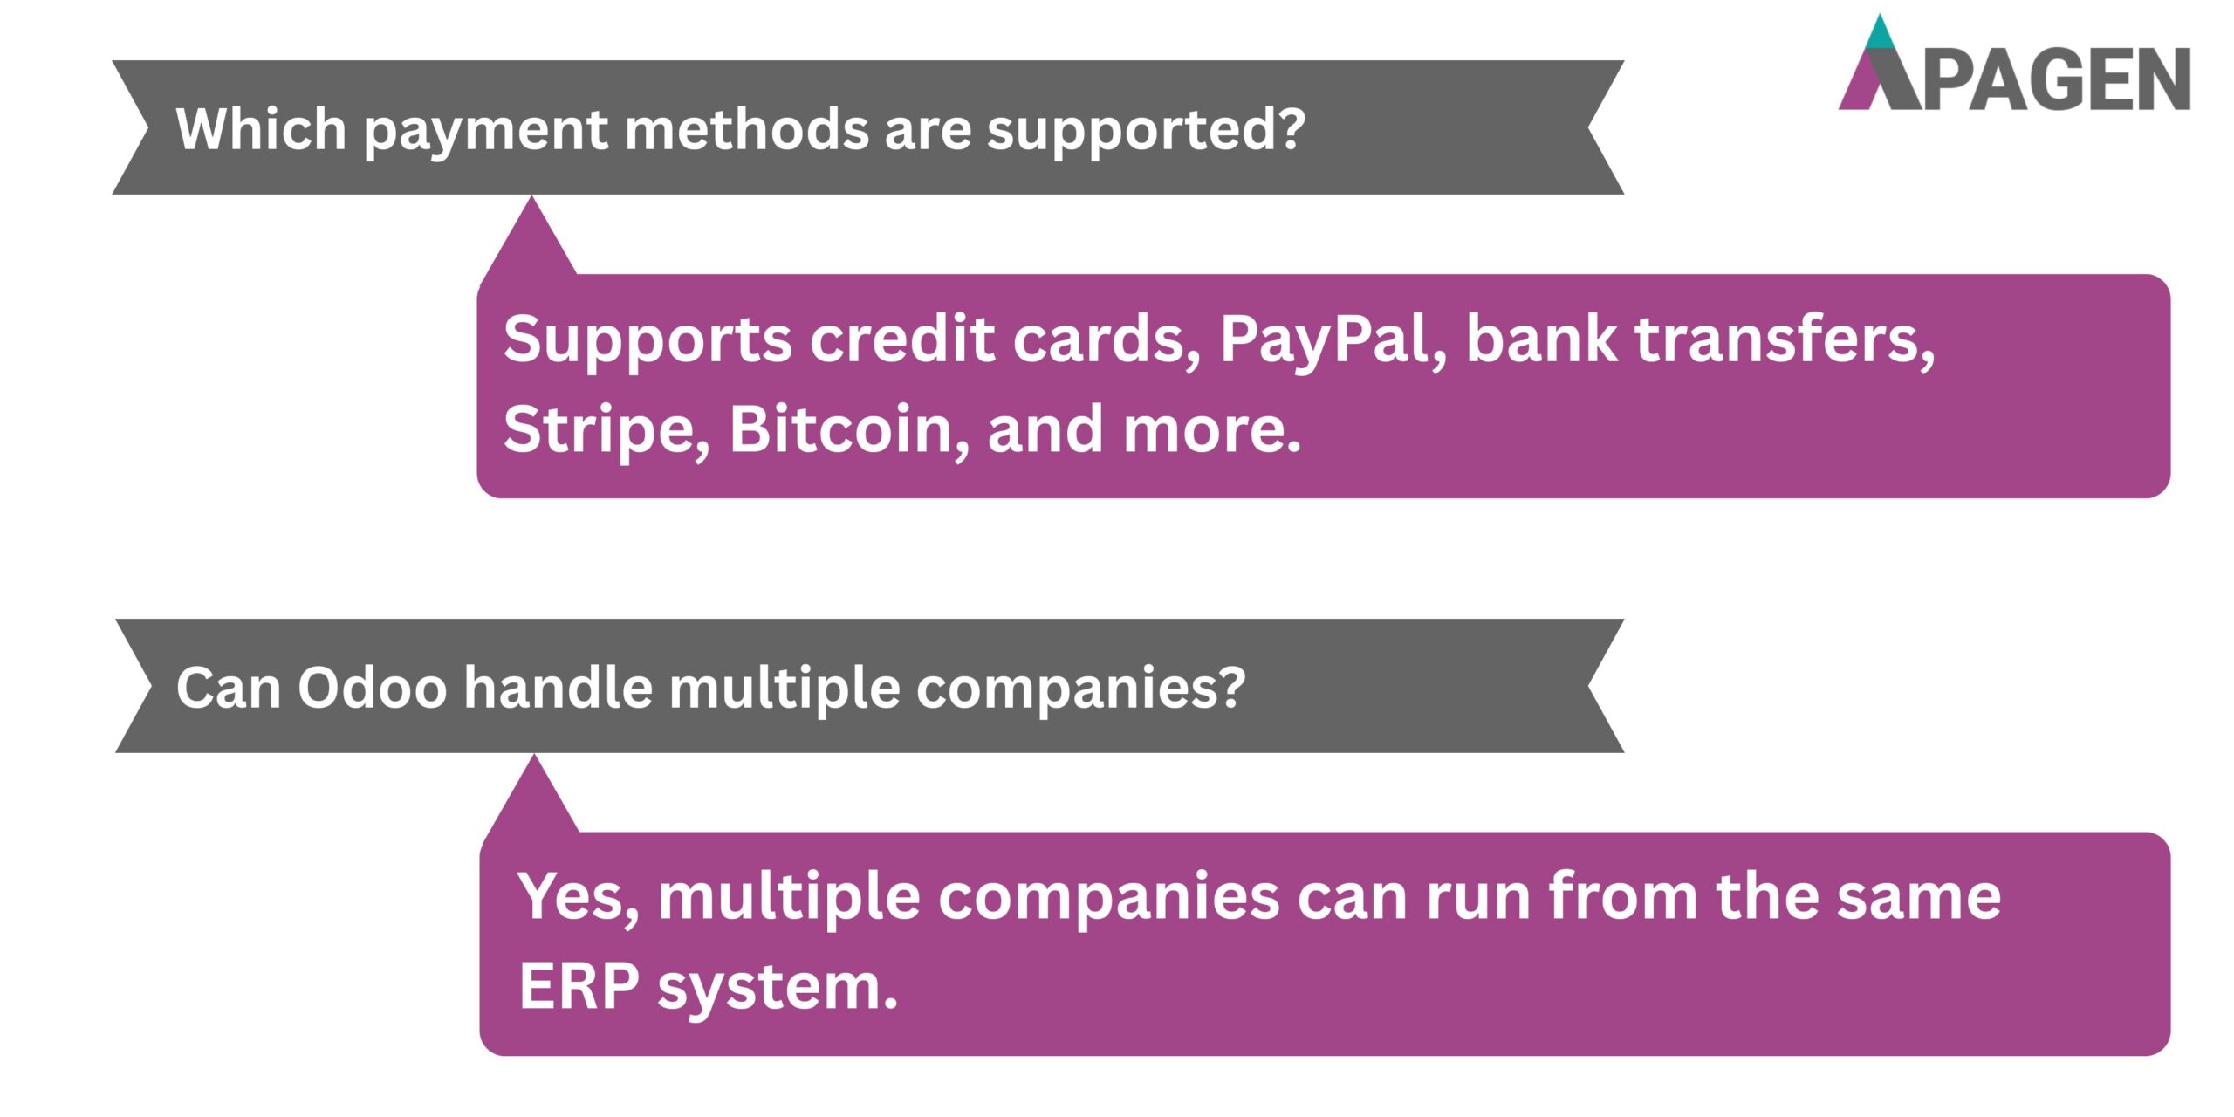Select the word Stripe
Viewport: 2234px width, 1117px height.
606,429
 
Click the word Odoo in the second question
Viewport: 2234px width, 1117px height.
373,688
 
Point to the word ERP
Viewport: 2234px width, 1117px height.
579,987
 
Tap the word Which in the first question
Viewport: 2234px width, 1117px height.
261,129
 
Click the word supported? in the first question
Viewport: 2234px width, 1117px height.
1146,131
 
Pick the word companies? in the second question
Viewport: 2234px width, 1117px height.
1080,689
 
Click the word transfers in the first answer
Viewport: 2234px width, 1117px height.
1785,339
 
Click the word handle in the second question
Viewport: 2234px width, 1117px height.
558,688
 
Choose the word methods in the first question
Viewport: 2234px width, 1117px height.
747,129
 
